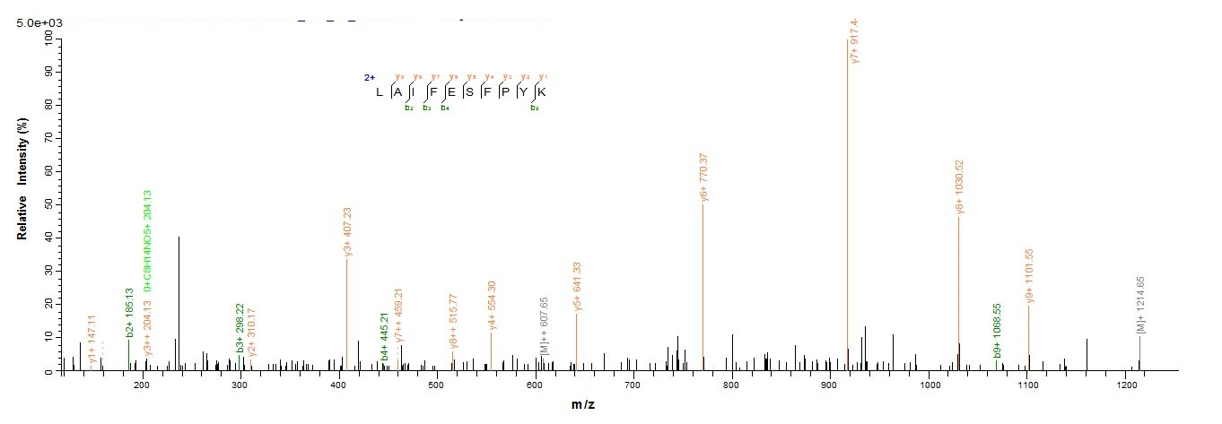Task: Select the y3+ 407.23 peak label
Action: click(349, 232)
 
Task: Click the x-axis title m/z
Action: click(583, 404)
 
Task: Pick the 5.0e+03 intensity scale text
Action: click(37, 22)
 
